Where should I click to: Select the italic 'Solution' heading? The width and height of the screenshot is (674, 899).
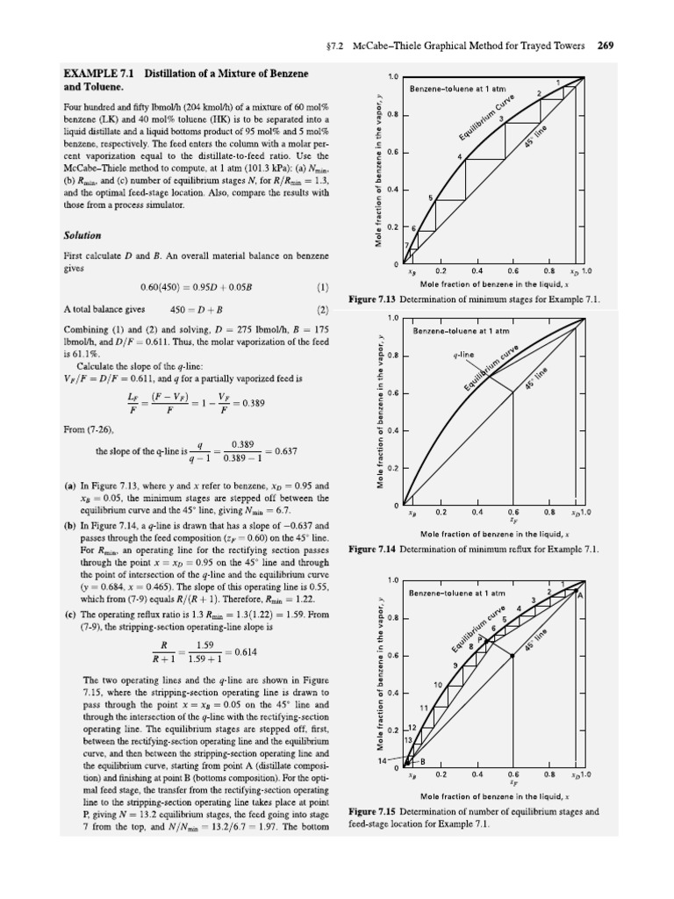(82, 235)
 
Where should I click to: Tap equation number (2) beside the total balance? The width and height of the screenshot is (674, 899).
(322, 310)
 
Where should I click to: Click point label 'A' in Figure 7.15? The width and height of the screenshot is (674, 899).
(578, 593)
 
